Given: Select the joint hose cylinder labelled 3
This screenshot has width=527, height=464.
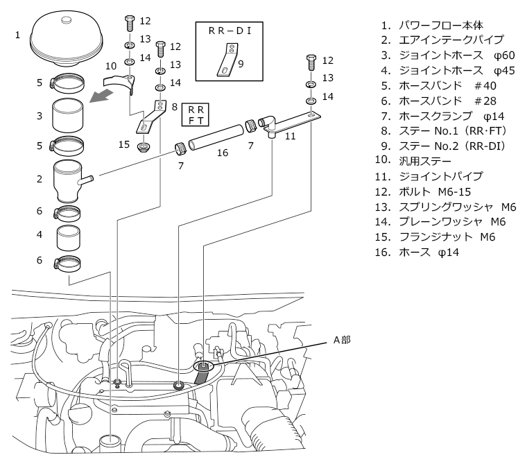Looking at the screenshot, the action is coord(68,115).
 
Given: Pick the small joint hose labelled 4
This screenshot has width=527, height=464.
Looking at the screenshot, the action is coord(68,238).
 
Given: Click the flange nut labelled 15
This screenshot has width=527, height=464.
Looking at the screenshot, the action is coord(144,147).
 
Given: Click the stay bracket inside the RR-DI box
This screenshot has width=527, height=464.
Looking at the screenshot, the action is coord(227,60).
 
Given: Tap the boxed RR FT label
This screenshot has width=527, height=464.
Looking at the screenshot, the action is coord(196,114).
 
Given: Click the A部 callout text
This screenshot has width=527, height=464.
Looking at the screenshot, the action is coord(342,340).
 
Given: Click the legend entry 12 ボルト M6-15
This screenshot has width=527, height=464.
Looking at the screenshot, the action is coord(423,191).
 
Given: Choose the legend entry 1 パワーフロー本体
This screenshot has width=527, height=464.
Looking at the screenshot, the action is coord(432,25).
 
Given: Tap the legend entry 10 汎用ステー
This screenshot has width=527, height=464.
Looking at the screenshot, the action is coord(413,161).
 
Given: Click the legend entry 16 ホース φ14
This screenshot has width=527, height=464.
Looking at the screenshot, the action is coord(417,252).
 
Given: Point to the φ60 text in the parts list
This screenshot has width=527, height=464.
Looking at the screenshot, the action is coord(504,55).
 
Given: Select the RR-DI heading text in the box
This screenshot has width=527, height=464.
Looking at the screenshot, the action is coord(230,31).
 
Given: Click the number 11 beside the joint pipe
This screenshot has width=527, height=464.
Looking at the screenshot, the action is coord(290,136).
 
